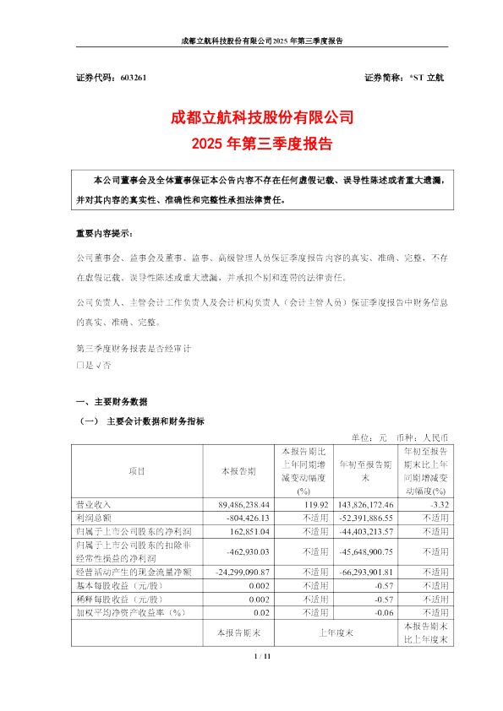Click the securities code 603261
click(x=134, y=78)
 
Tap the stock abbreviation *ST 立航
click(x=429, y=78)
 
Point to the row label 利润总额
click(x=93, y=518)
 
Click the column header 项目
click(x=137, y=470)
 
